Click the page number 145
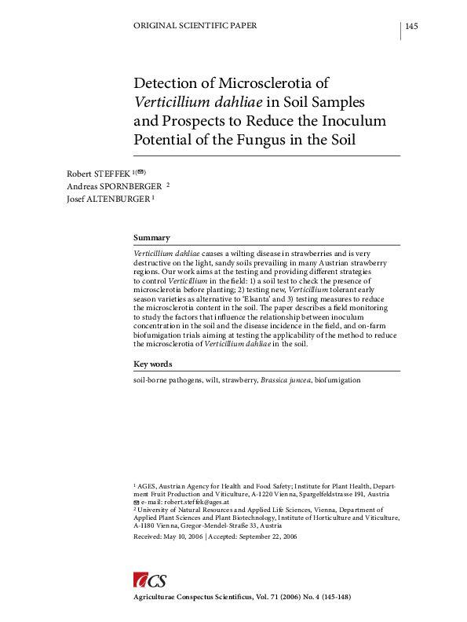[x=411, y=27]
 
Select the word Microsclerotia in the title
[x=270, y=83]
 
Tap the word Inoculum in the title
[x=346, y=122]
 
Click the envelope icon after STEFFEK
[x=140, y=170]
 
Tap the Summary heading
[x=151, y=237]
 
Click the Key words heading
[x=152, y=364]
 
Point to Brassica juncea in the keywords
[x=286, y=380]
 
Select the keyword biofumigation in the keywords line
[x=337, y=380]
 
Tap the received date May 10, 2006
[x=183, y=536]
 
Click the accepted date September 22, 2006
[x=267, y=536]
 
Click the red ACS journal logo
[x=149, y=581]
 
